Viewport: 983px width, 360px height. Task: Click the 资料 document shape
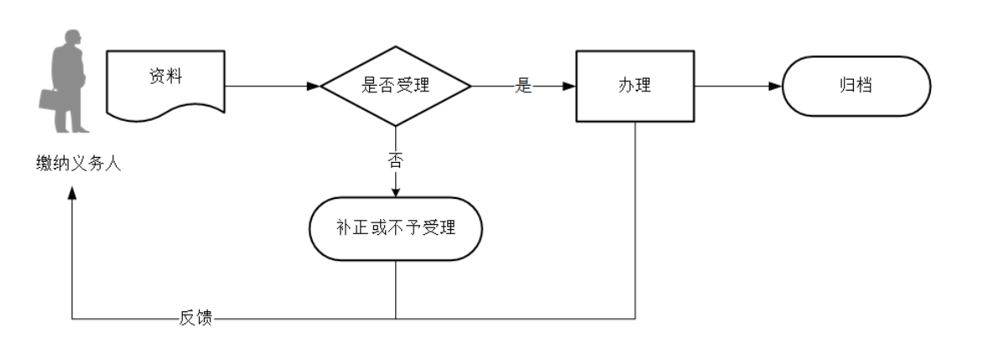(x=165, y=80)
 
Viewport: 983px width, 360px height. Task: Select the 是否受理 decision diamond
(x=396, y=86)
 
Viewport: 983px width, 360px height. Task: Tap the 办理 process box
(x=635, y=86)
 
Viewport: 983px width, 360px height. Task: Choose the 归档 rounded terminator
(x=856, y=86)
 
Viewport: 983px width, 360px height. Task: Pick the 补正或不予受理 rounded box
(x=396, y=227)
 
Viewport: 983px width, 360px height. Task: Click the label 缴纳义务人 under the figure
(x=73, y=164)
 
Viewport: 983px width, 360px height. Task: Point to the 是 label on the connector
(x=523, y=86)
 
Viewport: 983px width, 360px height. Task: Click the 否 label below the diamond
(x=396, y=160)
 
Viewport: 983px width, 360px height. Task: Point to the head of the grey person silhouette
(x=72, y=39)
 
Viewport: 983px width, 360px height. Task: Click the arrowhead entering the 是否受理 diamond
(x=314, y=86)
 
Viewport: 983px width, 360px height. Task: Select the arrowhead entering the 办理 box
(x=570, y=86)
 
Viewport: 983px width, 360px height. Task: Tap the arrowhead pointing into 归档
(x=775, y=86)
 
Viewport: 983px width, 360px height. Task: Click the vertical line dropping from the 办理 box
(x=635, y=218)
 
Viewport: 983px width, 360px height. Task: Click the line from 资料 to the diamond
(x=268, y=86)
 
